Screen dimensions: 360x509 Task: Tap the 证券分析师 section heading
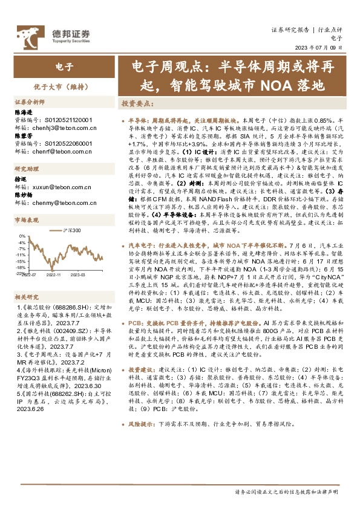click(30, 102)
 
